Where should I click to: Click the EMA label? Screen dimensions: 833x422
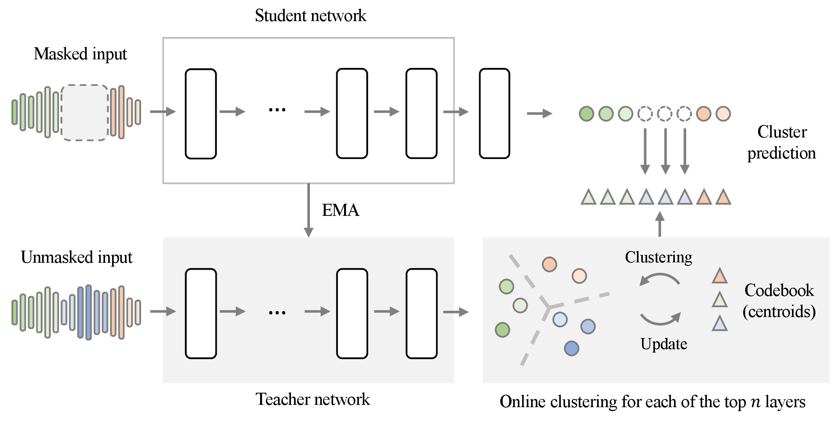(x=340, y=210)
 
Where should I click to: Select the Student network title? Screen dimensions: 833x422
(x=310, y=16)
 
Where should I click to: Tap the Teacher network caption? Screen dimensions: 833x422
(x=312, y=399)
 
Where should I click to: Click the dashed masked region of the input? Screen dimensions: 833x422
(x=85, y=112)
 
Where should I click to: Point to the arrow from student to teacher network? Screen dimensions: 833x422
(x=309, y=210)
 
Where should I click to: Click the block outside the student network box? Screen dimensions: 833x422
(x=494, y=113)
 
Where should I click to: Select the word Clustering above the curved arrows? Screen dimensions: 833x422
(x=658, y=257)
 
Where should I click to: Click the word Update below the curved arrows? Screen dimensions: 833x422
(x=664, y=344)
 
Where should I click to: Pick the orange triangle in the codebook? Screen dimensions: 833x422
(x=719, y=276)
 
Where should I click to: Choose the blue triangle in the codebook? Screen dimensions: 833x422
(x=719, y=324)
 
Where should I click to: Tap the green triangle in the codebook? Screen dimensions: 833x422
(x=719, y=300)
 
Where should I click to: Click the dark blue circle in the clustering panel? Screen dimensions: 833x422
(x=571, y=348)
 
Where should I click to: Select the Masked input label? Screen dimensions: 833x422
(x=80, y=54)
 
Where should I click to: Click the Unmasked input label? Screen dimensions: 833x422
(x=77, y=258)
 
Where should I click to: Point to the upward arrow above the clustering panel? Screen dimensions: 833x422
(x=660, y=224)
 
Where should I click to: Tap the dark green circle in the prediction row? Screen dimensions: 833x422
(x=586, y=114)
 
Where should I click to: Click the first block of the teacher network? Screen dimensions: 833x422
(x=201, y=313)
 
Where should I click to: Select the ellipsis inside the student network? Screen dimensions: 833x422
(x=277, y=110)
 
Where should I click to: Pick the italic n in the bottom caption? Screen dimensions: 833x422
(x=756, y=402)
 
